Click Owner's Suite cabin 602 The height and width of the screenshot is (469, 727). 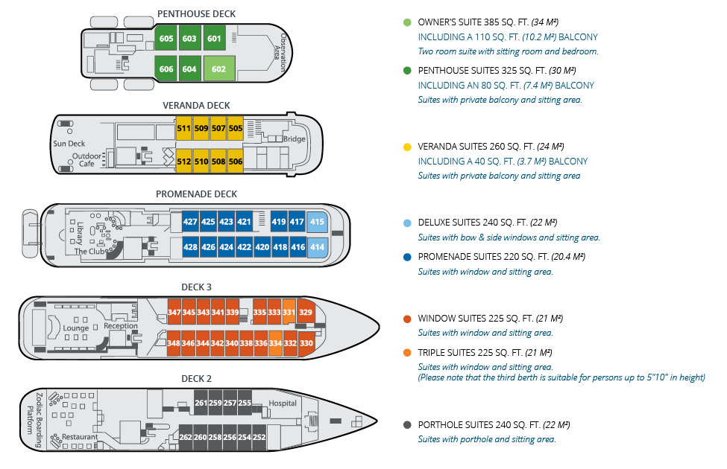[219, 68]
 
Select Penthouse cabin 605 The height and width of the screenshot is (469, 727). [166, 39]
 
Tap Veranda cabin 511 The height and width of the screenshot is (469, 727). [183, 129]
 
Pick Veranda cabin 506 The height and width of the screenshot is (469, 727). [236, 162]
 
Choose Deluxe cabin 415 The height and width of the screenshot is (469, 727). [317, 222]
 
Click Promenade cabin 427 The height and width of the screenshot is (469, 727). [190, 222]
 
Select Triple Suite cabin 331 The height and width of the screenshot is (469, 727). [289, 312]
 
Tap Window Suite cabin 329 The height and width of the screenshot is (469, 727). [306, 312]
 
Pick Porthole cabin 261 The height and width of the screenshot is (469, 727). [201, 403]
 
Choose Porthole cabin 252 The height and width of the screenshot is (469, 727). [259, 437]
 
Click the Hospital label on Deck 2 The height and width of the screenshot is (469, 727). [283, 403]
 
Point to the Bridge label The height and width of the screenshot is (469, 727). [295, 139]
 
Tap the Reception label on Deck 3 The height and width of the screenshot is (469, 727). [121, 326]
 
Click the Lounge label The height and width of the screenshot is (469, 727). [76, 328]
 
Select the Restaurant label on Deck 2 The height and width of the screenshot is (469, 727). [80, 436]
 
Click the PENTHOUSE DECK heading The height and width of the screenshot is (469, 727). [198, 13]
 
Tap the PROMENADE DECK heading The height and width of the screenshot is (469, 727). [197, 194]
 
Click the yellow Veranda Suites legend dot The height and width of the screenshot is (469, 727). [406, 147]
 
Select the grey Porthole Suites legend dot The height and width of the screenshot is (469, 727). [406, 425]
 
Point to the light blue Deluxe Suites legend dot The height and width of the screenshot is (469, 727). [406, 223]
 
